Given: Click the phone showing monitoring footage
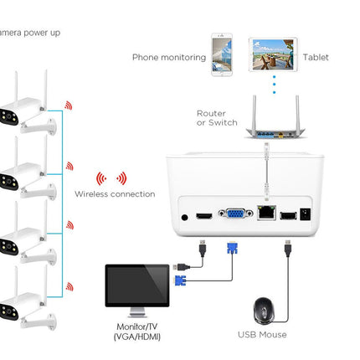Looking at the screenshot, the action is (x=222, y=54).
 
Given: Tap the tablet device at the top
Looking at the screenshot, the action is (x=273, y=54).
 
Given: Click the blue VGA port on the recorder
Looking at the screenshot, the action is (x=236, y=213).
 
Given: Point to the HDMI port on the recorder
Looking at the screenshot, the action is (x=204, y=216).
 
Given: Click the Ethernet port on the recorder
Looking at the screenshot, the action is (x=266, y=213).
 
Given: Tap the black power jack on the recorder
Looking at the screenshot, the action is (x=306, y=214).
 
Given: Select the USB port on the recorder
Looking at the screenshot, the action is (x=288, y=216).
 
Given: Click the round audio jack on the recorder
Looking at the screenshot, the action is (x=184, y=217).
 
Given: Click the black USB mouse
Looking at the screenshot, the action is (x=264, y=311).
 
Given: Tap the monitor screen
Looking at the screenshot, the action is (x=137, y=285).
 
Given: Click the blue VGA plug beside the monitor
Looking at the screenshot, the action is (x=180, y=280).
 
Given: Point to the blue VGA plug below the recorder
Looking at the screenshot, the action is (x=232, y=248).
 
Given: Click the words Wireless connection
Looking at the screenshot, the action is (x=115, y=194).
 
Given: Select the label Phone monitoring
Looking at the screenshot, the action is (x=169, y=57).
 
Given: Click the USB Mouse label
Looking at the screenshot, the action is (x=262, y=335).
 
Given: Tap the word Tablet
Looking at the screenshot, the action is (x=316, y=57).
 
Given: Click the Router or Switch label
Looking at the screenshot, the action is (x=217, y=118).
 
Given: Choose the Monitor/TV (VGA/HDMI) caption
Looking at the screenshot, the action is (x=137, y=332).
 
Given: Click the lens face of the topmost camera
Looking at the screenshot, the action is (x=9, y=116).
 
